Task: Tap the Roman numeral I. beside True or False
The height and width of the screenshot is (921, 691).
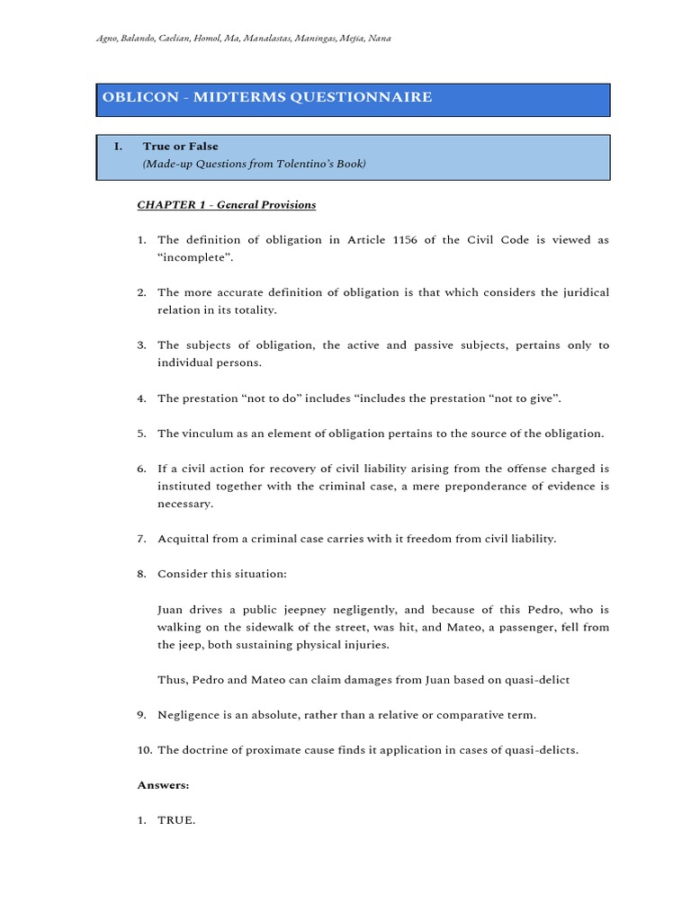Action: coord(118,146)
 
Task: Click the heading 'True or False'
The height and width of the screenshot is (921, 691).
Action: coord(180,146)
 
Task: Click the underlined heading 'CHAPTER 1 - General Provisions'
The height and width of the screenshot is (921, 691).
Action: coord(226,205)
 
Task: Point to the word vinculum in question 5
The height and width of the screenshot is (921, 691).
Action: coord(208,434)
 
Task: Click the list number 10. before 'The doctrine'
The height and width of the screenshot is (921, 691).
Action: coord(144,750)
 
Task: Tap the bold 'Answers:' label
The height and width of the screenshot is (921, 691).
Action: coord(163,785)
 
